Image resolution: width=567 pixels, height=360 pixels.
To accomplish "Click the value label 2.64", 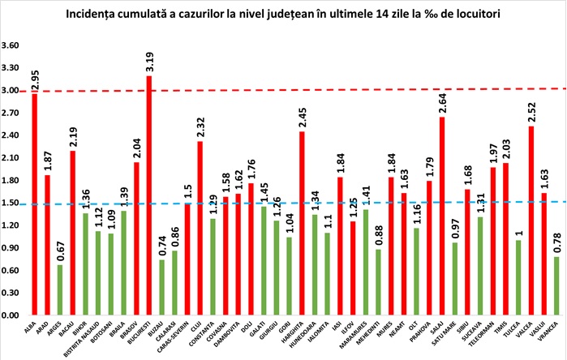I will point(440,104).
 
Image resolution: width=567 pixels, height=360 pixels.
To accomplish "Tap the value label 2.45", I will point(302,118).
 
